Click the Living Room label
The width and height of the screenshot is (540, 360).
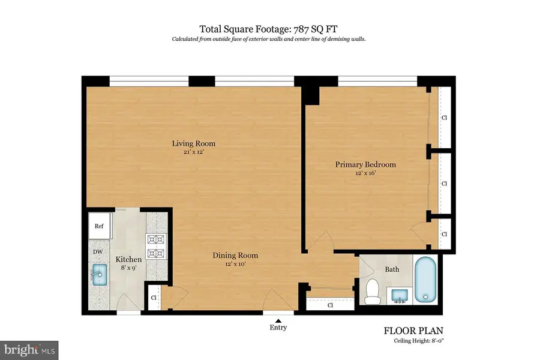tap(193, 143)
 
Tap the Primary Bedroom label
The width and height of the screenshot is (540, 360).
tap(365, 164)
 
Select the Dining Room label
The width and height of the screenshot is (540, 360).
tap(235, 255)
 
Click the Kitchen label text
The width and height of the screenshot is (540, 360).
tap(128, 259)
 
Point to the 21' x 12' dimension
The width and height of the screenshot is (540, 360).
tap(193, 152)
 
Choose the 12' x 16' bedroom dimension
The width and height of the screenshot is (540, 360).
tap(365, 173)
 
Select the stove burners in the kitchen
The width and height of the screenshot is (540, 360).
tap(156, 247)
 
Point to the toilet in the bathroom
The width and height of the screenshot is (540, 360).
tap(373, 290)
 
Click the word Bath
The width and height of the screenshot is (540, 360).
tap(392, 269)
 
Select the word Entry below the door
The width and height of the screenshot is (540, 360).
tap(278, 328)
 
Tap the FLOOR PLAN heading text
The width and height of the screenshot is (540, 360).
tap(413, 331)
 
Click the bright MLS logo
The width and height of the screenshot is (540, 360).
tap(30, 348)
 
